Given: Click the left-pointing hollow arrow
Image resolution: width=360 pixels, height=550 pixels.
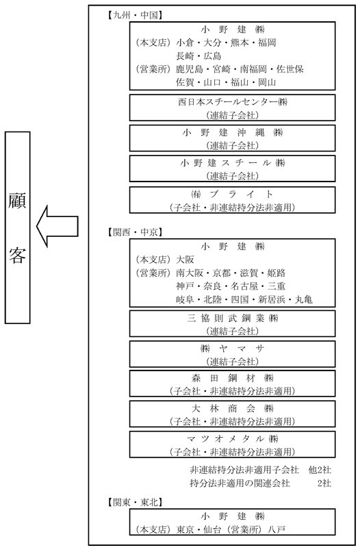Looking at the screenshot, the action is point(57,226).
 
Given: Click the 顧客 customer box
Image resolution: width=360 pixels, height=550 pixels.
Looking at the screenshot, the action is point(18,227).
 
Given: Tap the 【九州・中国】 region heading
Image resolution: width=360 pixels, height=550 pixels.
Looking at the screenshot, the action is point(133,15).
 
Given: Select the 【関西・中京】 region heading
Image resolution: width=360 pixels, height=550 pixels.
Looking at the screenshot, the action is point(133,232).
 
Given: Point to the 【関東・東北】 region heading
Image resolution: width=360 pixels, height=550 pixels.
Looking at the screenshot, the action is point(133,502).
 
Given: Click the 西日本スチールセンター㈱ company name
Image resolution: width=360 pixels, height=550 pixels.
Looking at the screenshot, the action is point(233,102).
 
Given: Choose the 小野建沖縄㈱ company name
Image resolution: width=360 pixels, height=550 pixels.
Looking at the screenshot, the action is point(233,133).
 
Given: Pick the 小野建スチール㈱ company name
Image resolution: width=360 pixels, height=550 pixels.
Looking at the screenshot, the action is point(233,163).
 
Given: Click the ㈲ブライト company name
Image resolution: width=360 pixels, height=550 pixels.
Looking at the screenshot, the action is point(233,194).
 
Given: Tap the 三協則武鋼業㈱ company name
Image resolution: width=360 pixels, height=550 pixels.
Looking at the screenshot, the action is point(233,318).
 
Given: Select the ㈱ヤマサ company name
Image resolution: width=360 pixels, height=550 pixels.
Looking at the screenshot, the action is point(233,349).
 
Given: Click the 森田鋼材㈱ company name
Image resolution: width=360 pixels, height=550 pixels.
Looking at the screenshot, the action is point(233,379).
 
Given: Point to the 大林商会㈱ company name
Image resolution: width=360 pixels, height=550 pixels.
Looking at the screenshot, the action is point(233,409).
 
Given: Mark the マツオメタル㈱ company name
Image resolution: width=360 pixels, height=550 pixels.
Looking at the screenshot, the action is point(233,439).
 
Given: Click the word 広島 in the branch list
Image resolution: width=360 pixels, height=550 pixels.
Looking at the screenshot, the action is point(212,55).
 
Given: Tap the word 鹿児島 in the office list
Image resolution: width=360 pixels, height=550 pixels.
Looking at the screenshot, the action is point(190,69).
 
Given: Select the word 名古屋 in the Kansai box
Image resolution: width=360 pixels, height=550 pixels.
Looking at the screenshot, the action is point(244,286).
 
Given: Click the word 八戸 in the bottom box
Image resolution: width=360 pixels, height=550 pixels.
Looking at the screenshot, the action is point(277,529).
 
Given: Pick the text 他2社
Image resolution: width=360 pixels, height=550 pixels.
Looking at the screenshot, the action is point(320,470).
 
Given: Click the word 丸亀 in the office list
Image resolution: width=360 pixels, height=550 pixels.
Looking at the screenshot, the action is point(304,299).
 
